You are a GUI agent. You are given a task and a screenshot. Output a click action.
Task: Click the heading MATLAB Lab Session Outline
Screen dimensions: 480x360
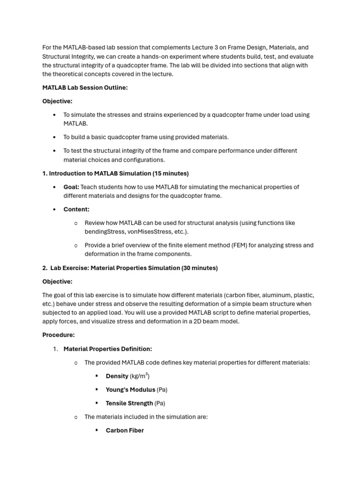(85, 88)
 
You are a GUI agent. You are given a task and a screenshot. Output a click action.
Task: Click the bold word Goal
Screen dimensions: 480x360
(71, 187)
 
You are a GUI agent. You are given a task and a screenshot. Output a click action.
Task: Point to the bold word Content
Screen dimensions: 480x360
(76, 210)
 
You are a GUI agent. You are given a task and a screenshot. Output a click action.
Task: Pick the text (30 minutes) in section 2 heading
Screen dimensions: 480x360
(199, 268)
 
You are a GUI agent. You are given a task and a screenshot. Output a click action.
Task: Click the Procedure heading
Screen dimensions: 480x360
(59, 335)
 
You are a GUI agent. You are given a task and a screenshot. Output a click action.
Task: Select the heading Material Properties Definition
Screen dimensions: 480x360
(108, 349)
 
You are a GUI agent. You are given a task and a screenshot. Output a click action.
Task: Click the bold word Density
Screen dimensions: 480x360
(117, 376)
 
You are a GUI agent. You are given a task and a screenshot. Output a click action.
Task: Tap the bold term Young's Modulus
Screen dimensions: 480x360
(130, 390)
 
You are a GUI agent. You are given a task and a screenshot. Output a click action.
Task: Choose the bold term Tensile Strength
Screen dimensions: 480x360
(129, 403)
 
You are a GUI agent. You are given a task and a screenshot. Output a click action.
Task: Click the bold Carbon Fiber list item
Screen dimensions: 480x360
(125, 430)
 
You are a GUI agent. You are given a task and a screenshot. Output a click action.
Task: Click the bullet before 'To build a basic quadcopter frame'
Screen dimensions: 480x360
(55, 137)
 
